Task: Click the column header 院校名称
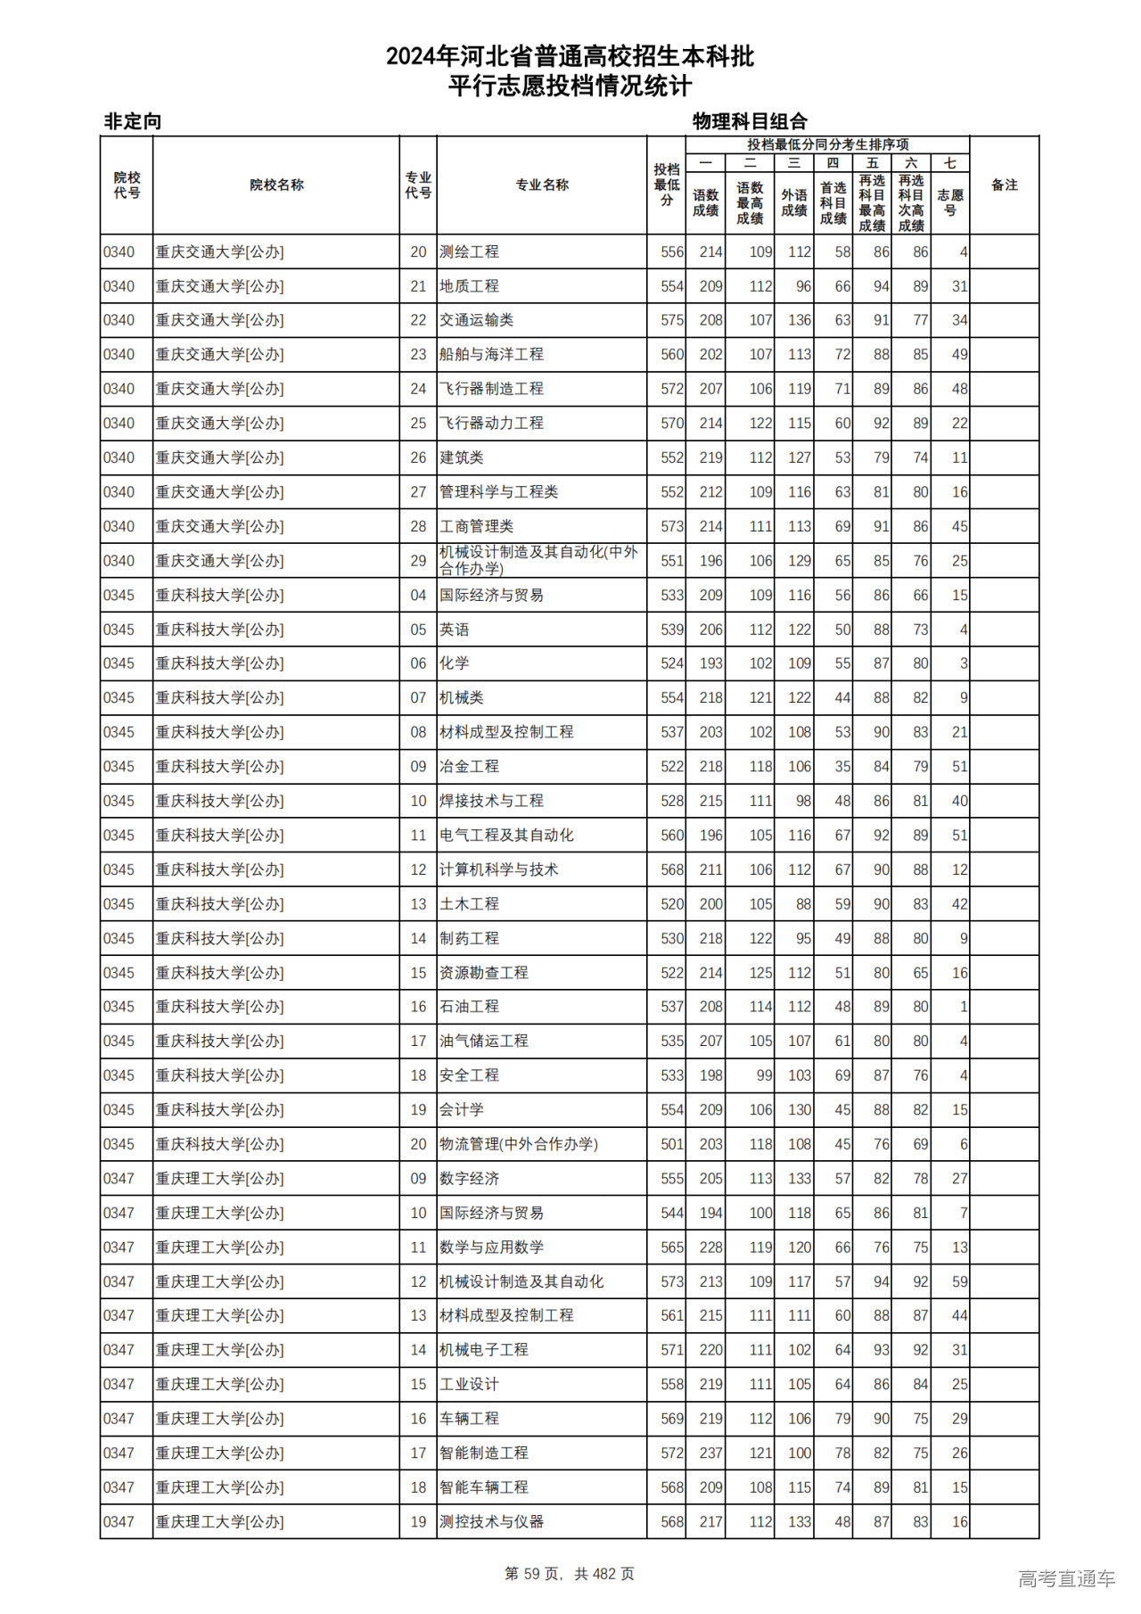pyautogui.click(x=276, y=185)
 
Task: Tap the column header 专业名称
pyautogui.click(x=542, y=185)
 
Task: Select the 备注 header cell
pyautogui.click(x=1004, y=185)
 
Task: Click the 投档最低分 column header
pyautogui.click(x=666, y=185)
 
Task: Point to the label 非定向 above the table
pyautogui.click(x=133, y=122)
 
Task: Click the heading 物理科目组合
pyautogui.click(x=750, y=122)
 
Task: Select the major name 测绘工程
pyautogui.click(x=470, y=252)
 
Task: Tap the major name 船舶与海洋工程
pyautogui.click(x=491, y=355)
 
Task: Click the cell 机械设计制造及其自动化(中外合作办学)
pyautogui.click(x=538, y=561)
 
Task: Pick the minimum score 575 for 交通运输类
pyautogui.click(x=672, y=320)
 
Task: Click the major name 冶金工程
pyautogui.click(x=470, y=767)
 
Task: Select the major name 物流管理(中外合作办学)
pyautogui.click(x=519, y=1144)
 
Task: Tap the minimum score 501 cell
pyautogui.click(x=672, y=1144)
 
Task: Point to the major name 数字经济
pyautogui.click(x=470, y=1179)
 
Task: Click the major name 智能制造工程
pyautogui.click(x=484, y=1453)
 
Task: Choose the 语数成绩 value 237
pyautogui.click(x=710, y=1453)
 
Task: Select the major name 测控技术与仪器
pyautogui.click(x=491, y=1521)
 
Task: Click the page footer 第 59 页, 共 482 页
pyautogui.click(x=570, y=1574)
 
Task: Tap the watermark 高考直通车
pyautogui.click(x=1066, y=1579)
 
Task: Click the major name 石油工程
pyautogui.click(x=470, y=1007)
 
